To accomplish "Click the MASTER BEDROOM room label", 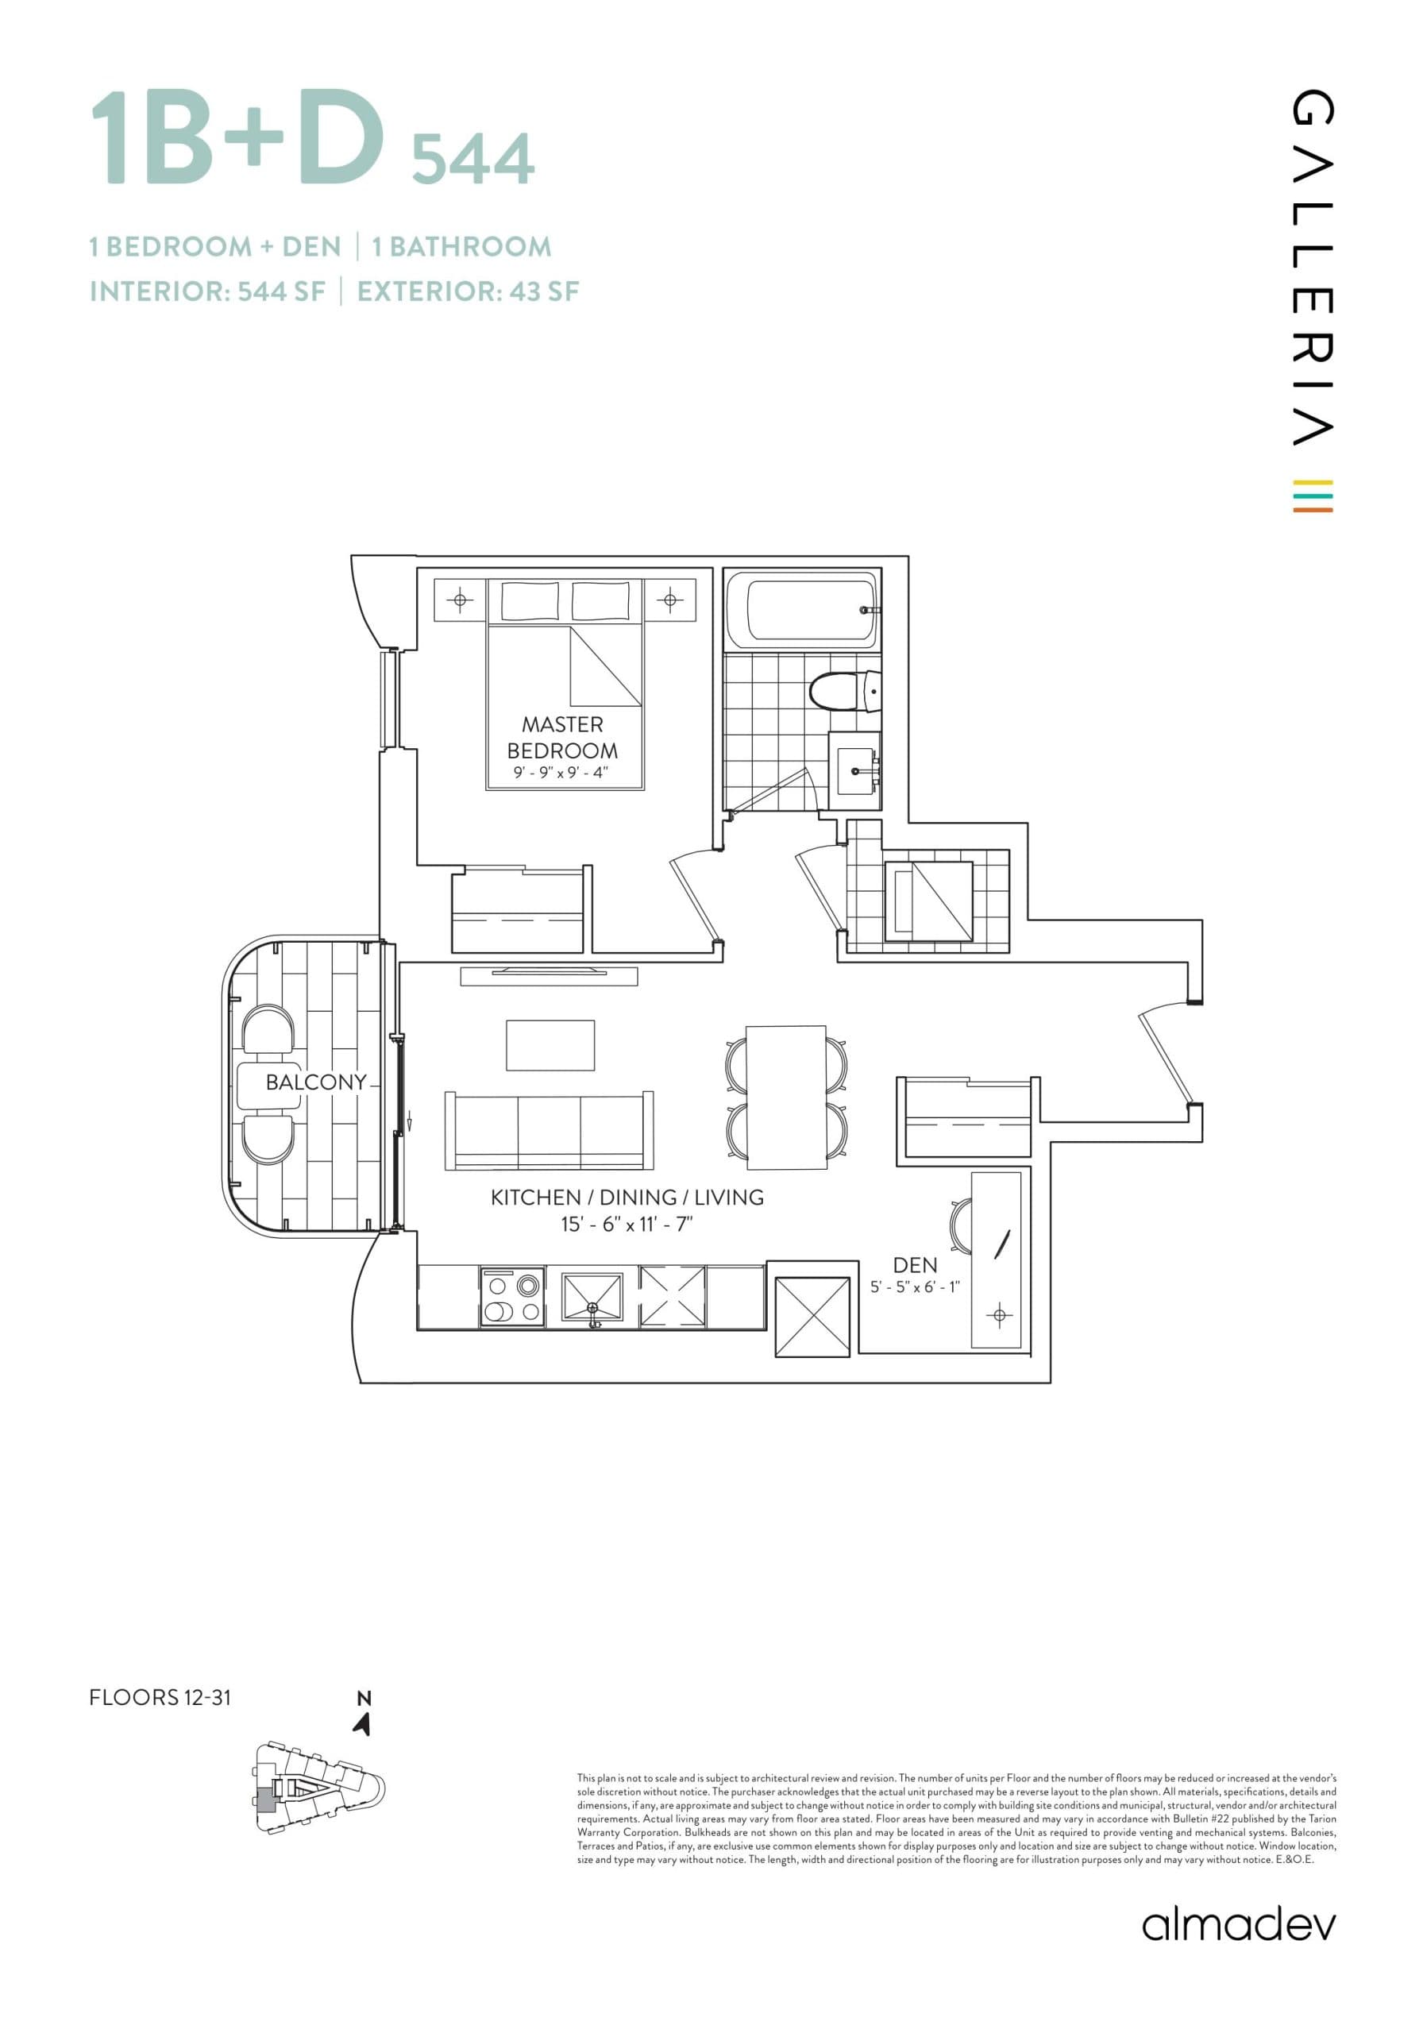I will (x=561, y=737).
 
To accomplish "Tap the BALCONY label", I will (x=315, y=1082).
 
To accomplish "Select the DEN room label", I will (x=915, y=1265).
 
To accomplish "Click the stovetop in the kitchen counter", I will (x=513, y=1298).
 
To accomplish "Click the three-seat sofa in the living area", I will (x=549, y=1131).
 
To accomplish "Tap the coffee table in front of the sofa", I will (x=550, y=1045).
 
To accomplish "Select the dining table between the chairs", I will (x=785, y=1094).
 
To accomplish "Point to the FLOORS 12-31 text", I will (x=160, y=1696).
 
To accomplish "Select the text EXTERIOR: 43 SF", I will (x=468, y=291).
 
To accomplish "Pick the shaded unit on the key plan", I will (x=264, y=1799).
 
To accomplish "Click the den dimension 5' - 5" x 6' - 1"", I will (x=915, y=1287).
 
